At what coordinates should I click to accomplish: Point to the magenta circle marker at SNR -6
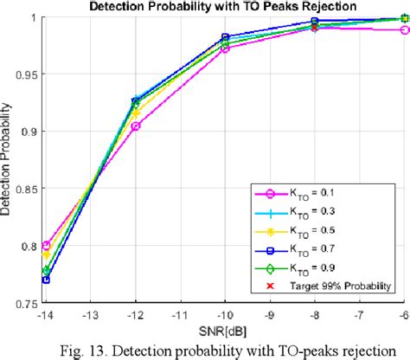404,29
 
